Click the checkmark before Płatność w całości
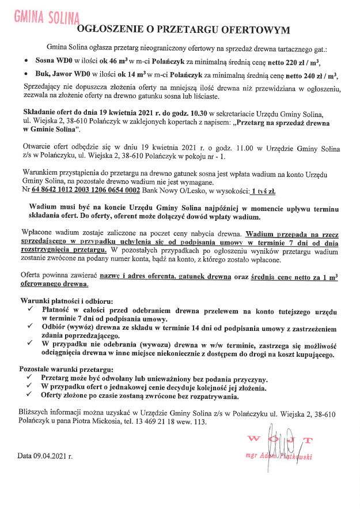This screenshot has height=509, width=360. click(30, 311)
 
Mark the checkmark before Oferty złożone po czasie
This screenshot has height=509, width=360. click(30, 397)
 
